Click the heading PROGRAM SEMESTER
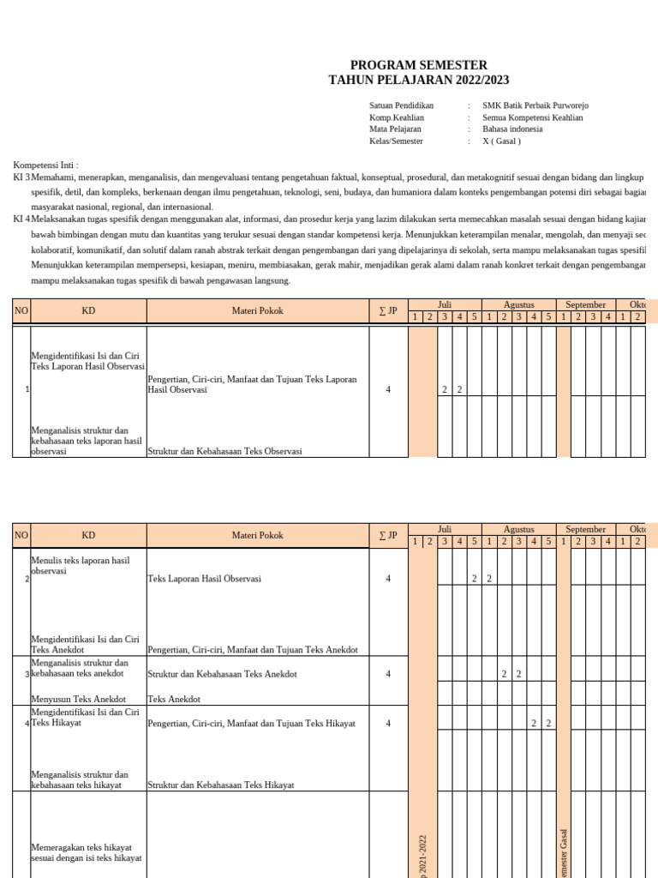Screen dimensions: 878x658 (x=418, y=65)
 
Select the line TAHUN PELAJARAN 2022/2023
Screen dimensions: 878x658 (x=418, y=80)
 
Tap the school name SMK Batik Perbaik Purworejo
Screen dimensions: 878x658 (x=535, y=105)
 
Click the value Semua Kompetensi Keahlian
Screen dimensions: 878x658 (x=532, y=117)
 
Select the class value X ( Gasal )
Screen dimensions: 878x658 (x=501, y=141)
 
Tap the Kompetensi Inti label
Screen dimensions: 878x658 (x=45, y=165)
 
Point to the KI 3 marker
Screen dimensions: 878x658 (x=21, y=177)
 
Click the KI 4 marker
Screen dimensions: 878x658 (x=21, y=219)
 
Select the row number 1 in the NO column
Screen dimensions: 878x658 (x=27, y=390)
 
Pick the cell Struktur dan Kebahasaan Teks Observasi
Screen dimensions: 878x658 (x=224, y=451)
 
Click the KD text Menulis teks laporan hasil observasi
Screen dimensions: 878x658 (x=80, y=565)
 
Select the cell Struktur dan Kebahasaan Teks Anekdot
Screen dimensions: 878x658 (x=222, y=675)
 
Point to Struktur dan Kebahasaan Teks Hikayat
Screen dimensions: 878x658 (x=220, y=785)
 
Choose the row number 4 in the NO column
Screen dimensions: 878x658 (x=27, y=724)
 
